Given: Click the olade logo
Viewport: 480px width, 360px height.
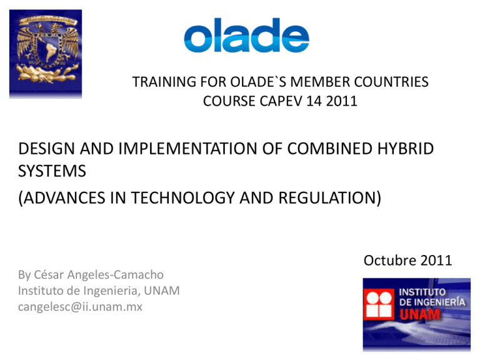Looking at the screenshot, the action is click(246, 35).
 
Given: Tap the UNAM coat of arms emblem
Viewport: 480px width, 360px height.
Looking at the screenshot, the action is click(46, 54).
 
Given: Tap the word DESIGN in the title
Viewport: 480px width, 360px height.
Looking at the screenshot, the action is click(46, 149).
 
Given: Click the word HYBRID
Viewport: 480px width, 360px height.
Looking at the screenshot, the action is click(405, 149).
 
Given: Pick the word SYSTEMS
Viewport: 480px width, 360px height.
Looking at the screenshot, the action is click(52, 171).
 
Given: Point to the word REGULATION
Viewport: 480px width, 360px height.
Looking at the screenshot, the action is click(327, 197).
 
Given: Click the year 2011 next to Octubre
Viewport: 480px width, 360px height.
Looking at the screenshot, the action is click(436, 261).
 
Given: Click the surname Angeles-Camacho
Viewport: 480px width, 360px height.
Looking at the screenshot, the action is click(116, 275).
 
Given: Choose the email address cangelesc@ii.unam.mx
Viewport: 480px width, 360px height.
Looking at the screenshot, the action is click(80, 307).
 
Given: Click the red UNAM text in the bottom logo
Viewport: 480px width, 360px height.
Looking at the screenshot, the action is click(420, 314).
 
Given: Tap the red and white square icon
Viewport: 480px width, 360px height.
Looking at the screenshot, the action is click(379, 304).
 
